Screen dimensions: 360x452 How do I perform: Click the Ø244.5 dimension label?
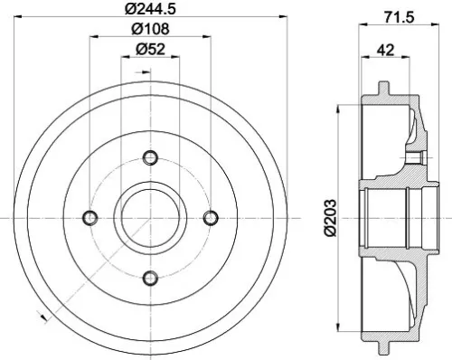pos(150,10)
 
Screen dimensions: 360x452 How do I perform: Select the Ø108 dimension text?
pos(150,31)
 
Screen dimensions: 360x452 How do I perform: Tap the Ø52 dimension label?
pos(150,52)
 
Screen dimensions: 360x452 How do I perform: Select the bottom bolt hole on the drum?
pos(150,278)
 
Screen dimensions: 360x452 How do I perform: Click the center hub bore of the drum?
pos(150,218)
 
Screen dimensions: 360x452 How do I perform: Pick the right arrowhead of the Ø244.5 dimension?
pos(282,21)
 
